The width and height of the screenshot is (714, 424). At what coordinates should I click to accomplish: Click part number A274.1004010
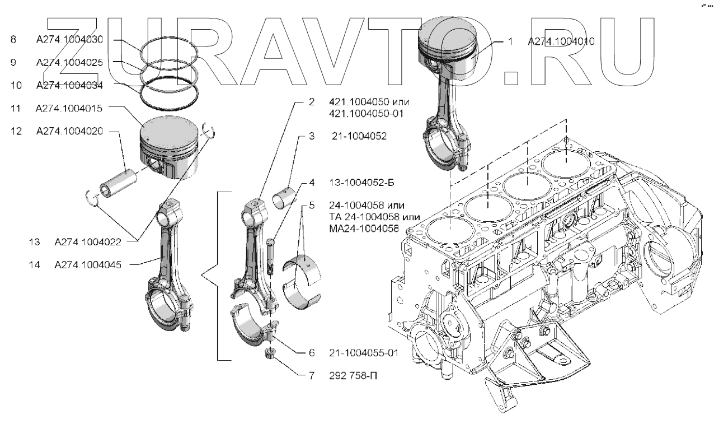click(x=561, y=41)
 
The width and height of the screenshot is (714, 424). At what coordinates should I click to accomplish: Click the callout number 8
click(x=13, y=40)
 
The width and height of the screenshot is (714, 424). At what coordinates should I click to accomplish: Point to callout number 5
click(x=311, y=205)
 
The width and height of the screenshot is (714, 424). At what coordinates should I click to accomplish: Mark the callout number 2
click(x=312, y=102)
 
